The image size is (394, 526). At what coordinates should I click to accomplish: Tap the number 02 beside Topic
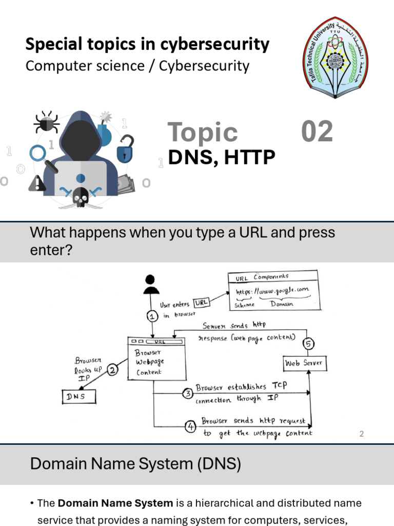[317, 131]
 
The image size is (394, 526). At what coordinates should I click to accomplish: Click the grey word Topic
[203, 133]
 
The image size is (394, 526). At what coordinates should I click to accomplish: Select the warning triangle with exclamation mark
[37, 182]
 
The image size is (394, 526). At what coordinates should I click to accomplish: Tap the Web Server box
[305, 363]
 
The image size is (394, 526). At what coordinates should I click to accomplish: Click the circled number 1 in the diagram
[152, 316]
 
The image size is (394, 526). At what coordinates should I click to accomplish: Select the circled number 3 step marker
[188, 394]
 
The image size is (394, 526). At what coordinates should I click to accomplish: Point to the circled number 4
[190, 426]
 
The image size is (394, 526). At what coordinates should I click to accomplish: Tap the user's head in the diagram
[150, 280]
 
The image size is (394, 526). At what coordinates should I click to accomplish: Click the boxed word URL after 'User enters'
[202, 303]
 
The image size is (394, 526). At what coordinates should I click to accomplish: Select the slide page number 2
[362, 434]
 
